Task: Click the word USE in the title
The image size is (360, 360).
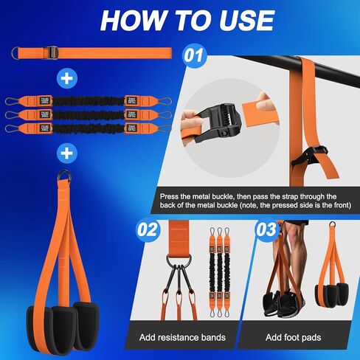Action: coord(247,20)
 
